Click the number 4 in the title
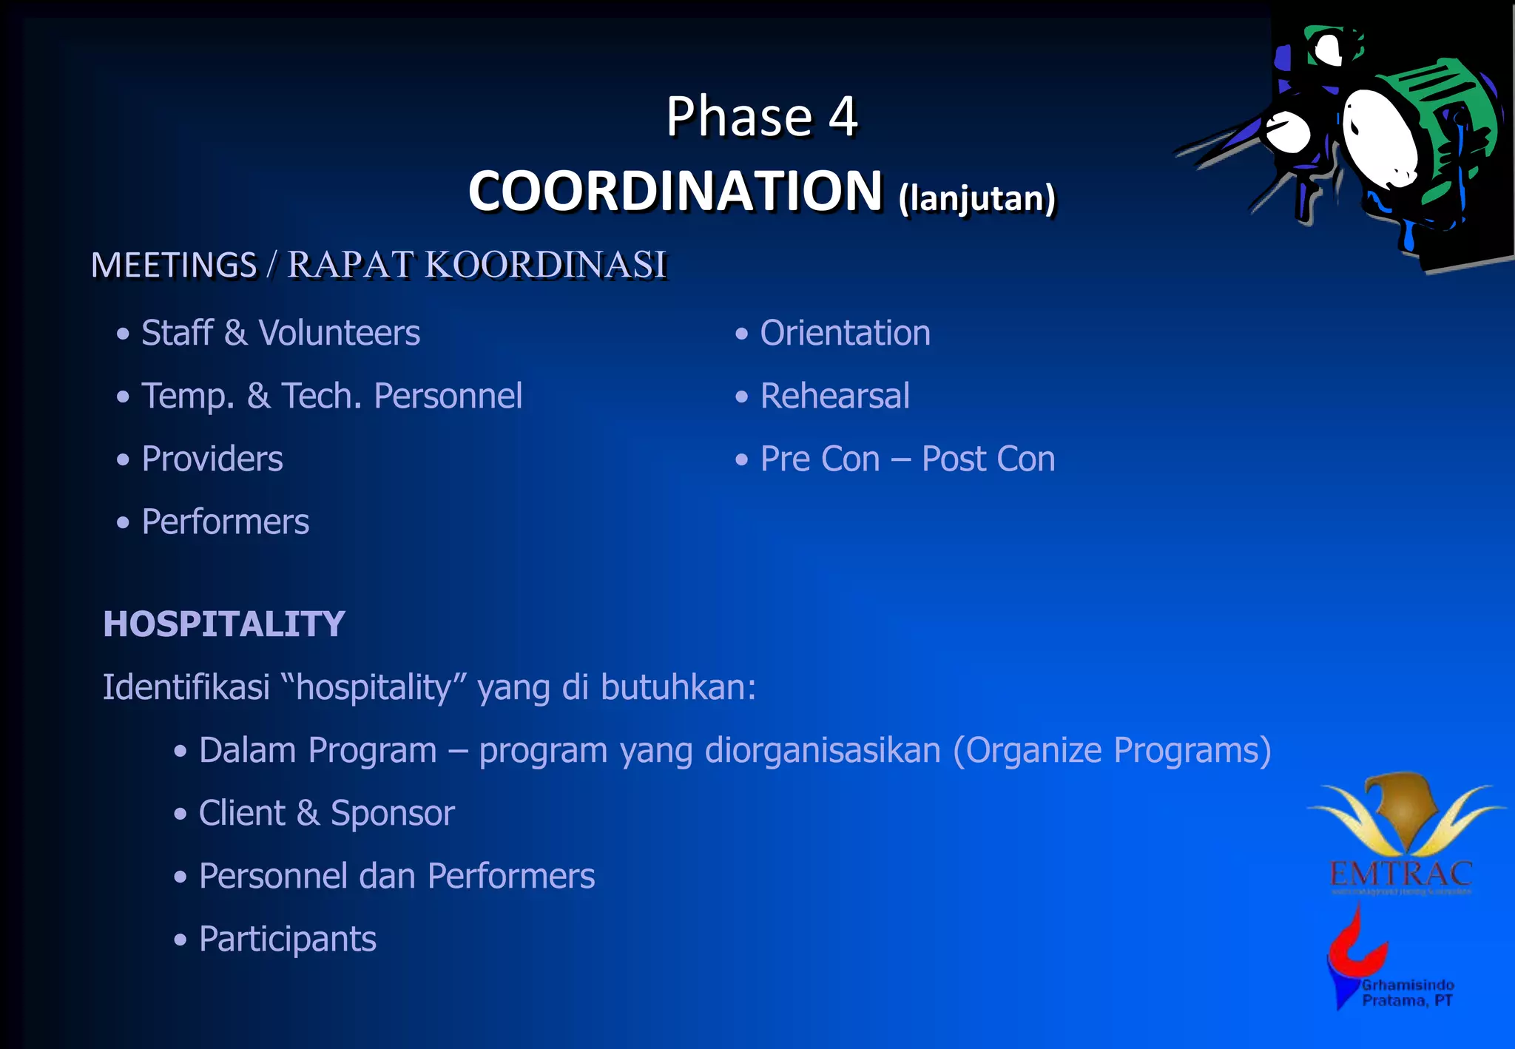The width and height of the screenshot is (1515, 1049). pyautogui.click(x=843, y=117)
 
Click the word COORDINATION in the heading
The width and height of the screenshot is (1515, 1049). pyautogui.click(x=675, y=191)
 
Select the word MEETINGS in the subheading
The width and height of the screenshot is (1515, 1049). pyautogui.click(x=174, y=265)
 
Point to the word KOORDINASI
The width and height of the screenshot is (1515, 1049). pyautogui.click(x=546, y=265)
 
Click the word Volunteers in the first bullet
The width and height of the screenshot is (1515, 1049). pyautogui.click(x=339, y=333)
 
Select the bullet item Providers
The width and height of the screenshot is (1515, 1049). pyautogui.click(x=212, y=459)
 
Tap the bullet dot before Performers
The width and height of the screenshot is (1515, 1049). pyautogui.click(x=123, y=523)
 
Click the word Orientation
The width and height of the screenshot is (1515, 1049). pyautogui.click(x=845, y=333)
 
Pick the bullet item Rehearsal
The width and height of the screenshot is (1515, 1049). pyautogui.click(x=834, y=396)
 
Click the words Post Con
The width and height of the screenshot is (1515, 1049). pyautogui.click(x=988, y=459)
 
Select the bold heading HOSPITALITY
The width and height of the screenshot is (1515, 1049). pyautogui.click(x=224, y=624)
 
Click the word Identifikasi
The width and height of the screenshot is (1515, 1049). pyautogui.click(x=186, y=687)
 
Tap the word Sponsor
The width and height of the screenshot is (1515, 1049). pyautogui.click(x=392, y=813)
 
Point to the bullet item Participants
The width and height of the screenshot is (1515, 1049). pyautogui.click(x=287, y=939)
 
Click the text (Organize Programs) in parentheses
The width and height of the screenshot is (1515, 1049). pyautogui.click(x=1112, y=750)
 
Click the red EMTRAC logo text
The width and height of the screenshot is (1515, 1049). pyautogui.click(x=1400, y=874)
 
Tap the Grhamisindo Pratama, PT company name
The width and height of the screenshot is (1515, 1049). pyautogui.click(x=1407, y=993)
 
